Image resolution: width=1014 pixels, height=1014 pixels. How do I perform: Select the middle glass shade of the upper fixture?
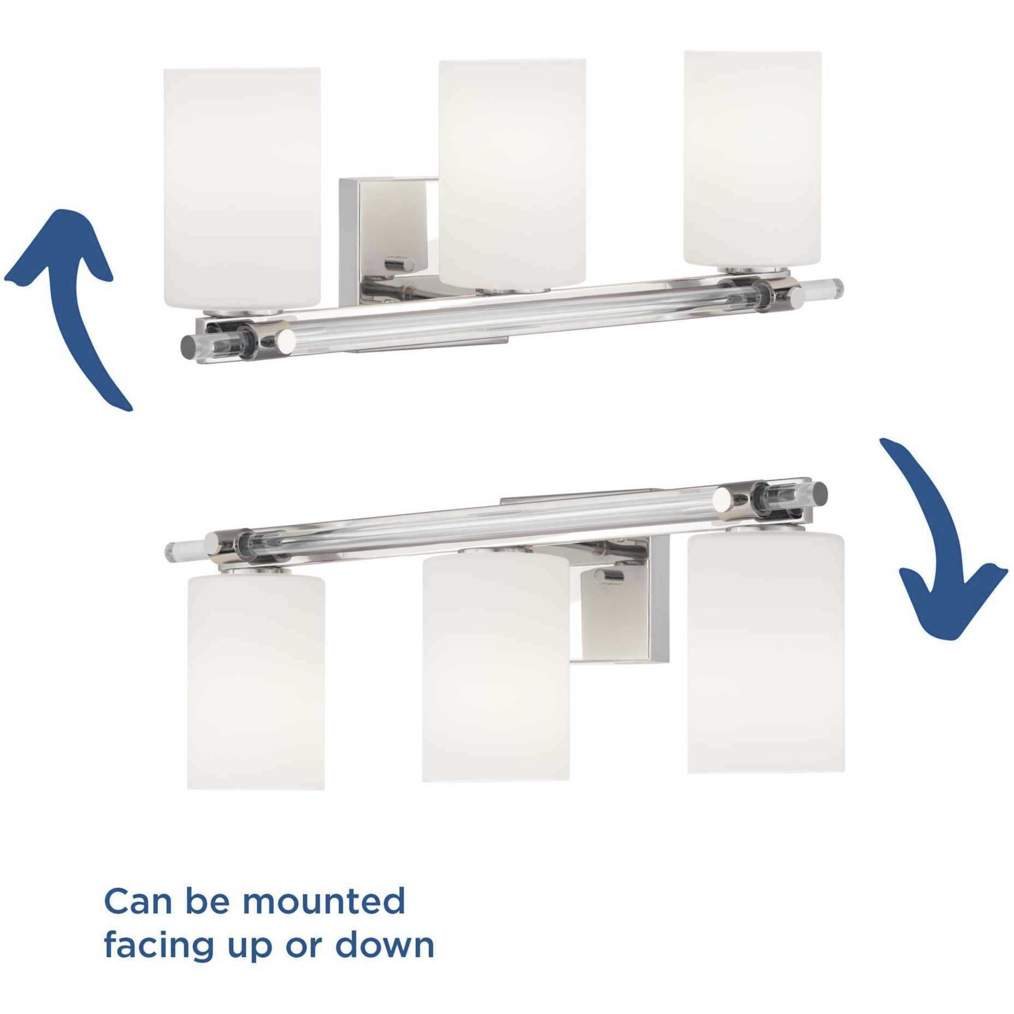[x=512, y=169]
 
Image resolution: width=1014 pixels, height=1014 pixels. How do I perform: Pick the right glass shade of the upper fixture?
[x=752, y=158]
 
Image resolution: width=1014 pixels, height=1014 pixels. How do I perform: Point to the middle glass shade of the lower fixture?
[x=496, y=667]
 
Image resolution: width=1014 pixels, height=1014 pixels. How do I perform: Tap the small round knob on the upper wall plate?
[x=399, y=264]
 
